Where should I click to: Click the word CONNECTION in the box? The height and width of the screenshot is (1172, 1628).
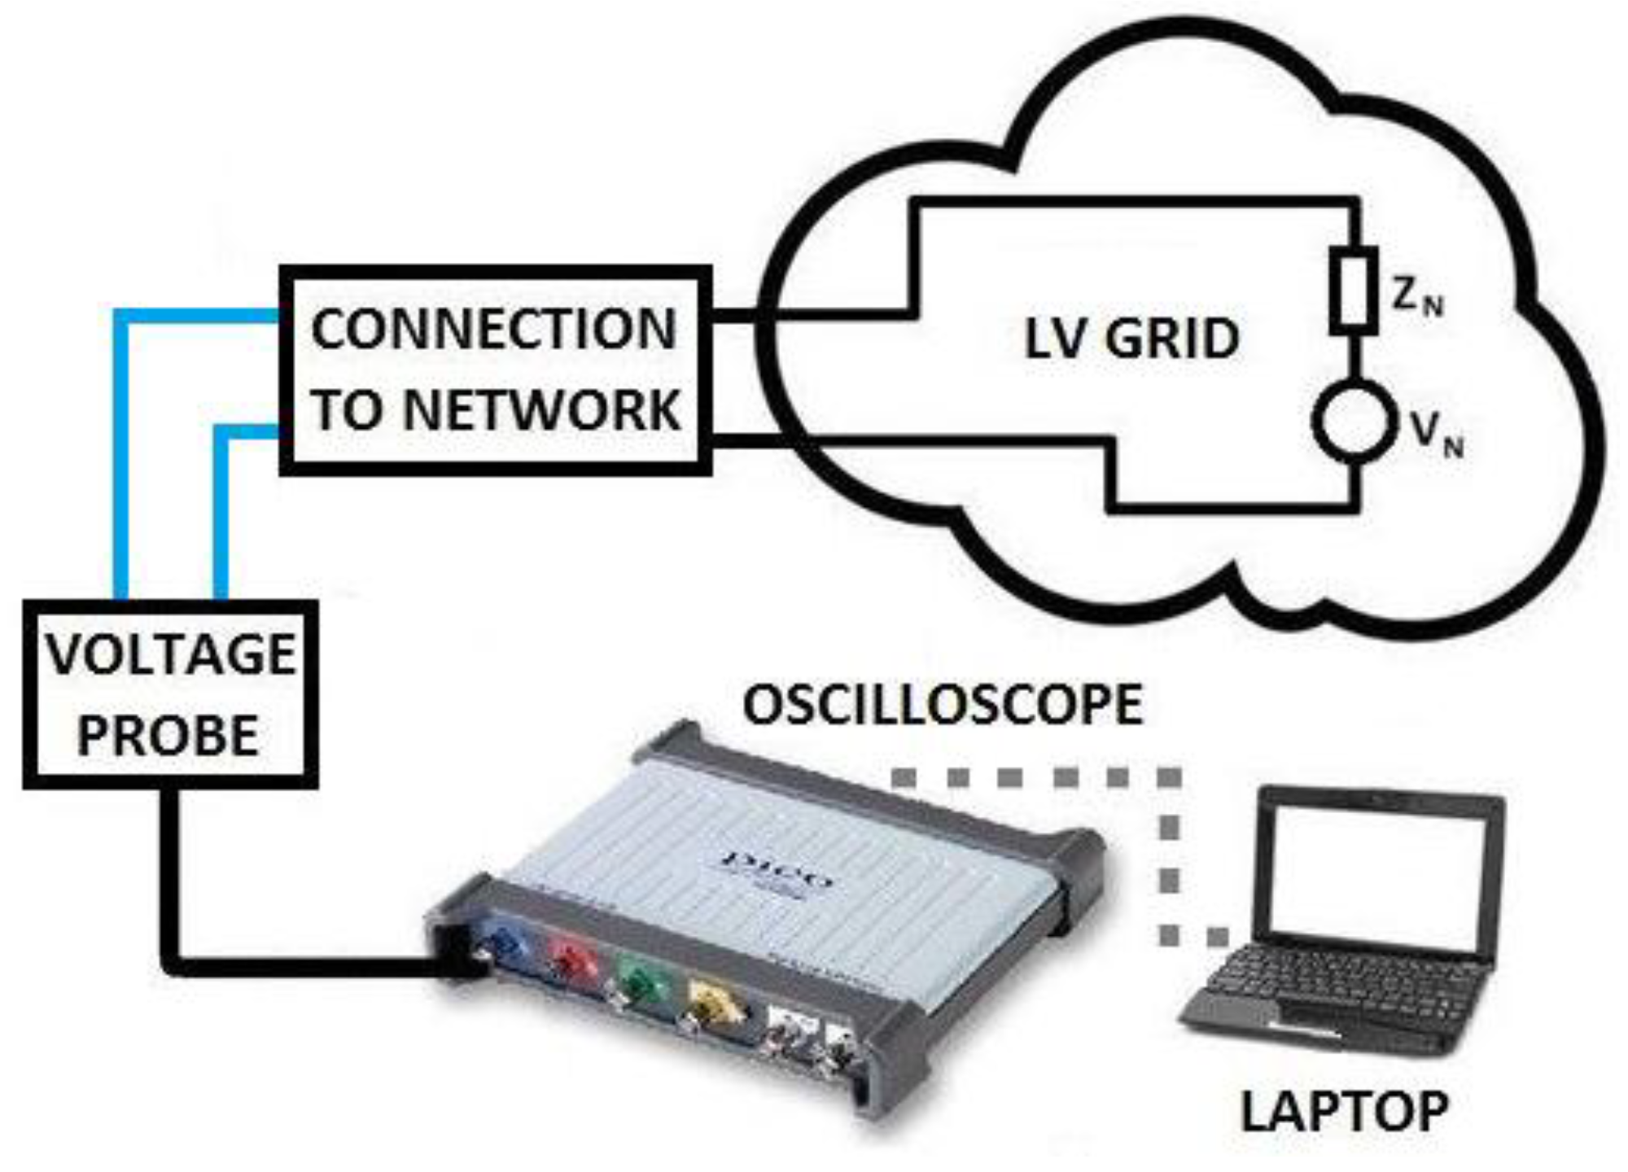[493, 330]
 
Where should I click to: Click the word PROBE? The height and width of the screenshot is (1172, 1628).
[168, 735]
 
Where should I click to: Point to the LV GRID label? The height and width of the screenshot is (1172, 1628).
[1131, 339]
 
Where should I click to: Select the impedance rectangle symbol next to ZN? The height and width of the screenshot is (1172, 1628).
[1353, 291]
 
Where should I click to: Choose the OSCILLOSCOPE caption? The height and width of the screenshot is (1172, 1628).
[943, 705]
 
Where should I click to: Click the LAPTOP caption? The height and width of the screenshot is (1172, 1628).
[1344, 1111]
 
